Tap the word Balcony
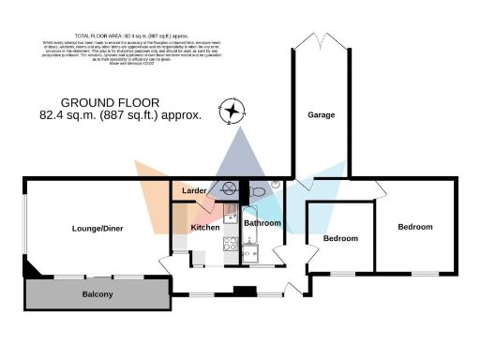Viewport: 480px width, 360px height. pyautogui.click(x=97, y=295)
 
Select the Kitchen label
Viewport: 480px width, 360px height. pyautogui.click(x=205, y=228)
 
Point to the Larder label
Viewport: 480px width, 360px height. pyautogui.click(x=194, y=191)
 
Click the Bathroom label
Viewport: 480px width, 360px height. pyautogui.click(x=262, y=223)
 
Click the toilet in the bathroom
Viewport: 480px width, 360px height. pyautogui.click(x=259, y=191)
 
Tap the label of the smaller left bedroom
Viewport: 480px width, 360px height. pyautogui.click(x=340, y=238)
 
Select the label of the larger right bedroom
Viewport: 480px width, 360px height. pyautogui.click(x=414, y=227)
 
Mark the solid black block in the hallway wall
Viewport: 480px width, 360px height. pyautogui.click(x=246, y=292)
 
